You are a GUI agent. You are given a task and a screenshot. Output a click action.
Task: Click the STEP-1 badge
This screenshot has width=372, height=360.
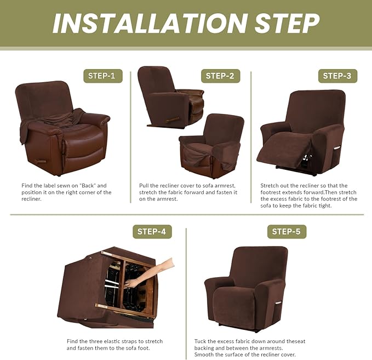click(x=102, y=76)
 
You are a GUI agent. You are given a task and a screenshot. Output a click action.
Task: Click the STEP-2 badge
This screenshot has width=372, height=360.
click(x=220, y=76)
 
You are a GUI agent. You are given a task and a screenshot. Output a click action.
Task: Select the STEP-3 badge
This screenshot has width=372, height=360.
click(x=337, y=76)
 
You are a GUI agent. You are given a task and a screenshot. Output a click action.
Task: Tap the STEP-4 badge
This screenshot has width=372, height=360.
click(x=152, y=231)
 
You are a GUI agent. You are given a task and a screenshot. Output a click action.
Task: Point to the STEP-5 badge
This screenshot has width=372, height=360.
click(x=287, y=232)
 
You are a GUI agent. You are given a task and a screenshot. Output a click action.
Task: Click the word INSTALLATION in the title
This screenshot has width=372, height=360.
click(x=143, y=23)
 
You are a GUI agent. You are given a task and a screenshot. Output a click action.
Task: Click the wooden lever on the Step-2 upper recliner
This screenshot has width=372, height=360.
click(x=173, y=119)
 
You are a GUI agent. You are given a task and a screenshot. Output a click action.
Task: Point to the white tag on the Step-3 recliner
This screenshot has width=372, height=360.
click(x=338, y=148)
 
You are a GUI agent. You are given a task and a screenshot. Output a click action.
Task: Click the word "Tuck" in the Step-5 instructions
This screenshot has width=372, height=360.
click(x=201, y=341)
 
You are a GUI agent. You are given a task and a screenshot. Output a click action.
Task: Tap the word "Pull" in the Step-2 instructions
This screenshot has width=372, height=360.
click(x=145, y=186)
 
